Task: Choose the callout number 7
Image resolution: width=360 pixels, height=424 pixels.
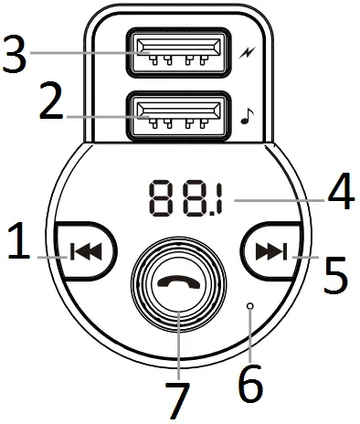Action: click(x=177, y=399)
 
